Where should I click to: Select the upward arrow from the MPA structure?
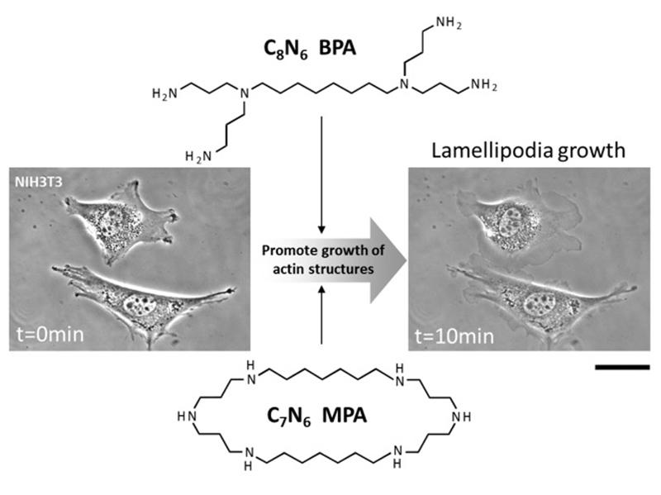tap(321, 314)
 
